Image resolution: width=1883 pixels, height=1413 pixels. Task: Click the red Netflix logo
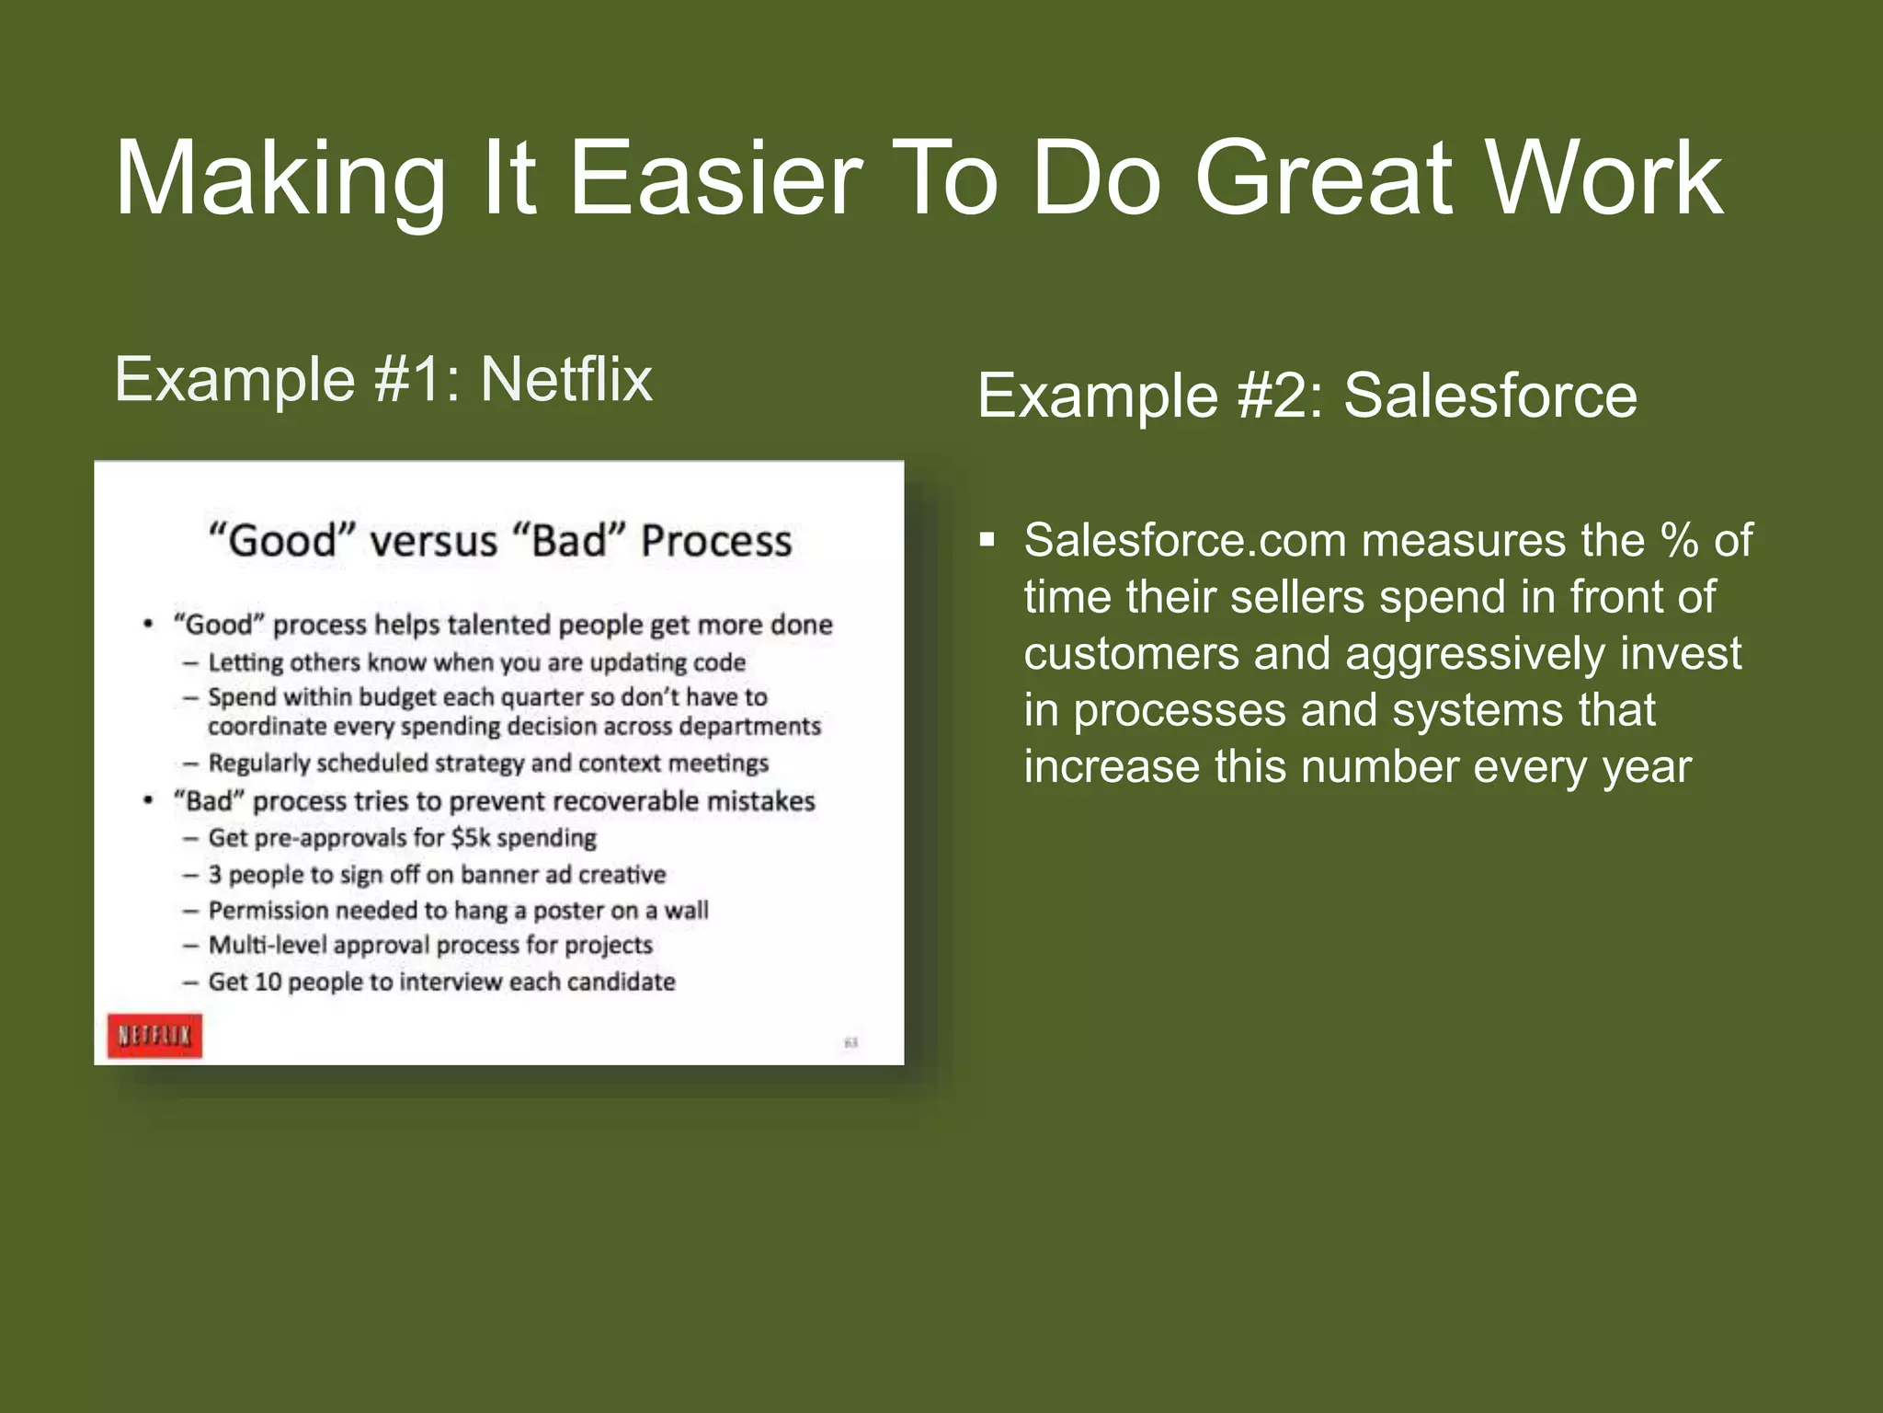click(x=154, y=1036)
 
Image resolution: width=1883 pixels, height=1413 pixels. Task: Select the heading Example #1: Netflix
click(x=382, y=379)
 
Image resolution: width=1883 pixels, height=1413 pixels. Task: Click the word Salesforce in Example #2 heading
click(x=1490, y=396)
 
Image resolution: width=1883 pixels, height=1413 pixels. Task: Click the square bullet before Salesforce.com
click(x=987, y=539)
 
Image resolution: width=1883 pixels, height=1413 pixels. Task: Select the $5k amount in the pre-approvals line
click(x=470, y=838)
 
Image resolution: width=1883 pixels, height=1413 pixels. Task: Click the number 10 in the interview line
click(x=268, y=982)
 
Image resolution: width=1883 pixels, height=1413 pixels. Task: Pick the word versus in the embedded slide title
click(x=433, y=541)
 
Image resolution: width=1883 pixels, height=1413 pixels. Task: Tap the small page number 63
click(x=850, y=1042)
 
